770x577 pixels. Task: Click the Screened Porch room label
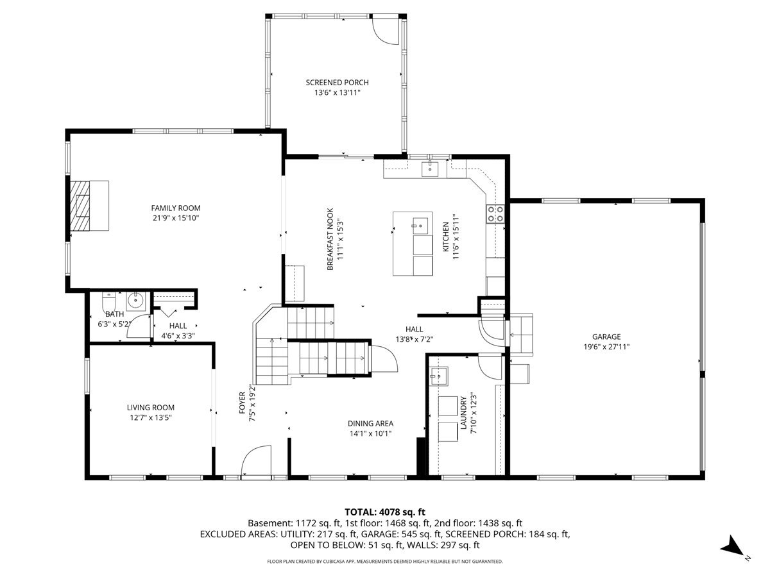337,83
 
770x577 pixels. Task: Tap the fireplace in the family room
81,205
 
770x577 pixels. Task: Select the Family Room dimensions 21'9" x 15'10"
175,218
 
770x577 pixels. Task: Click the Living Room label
150,407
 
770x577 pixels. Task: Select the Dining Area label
370,423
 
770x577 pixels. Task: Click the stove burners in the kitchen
495,213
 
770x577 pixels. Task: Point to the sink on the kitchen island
420,224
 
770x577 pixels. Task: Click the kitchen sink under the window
429,169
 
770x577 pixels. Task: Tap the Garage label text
606,337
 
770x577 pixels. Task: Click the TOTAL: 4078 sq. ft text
385,512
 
